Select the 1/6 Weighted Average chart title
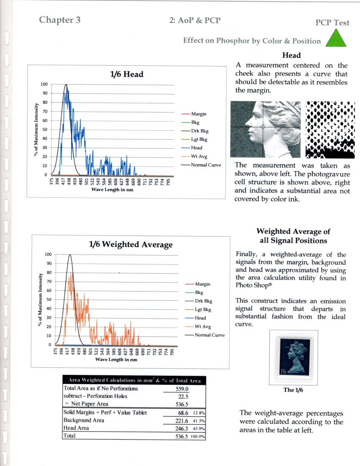130,244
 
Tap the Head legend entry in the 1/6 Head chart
197,148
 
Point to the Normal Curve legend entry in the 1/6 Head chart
205,165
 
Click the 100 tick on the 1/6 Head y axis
44,84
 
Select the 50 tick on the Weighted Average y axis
48,300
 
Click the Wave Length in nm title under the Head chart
113,189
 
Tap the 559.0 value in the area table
182,388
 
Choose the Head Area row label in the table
78,428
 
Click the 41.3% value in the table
199,420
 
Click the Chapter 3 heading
60,20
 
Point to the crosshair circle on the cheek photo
263,127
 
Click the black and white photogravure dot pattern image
330,129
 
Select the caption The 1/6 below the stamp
294,390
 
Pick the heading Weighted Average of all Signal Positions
293,236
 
